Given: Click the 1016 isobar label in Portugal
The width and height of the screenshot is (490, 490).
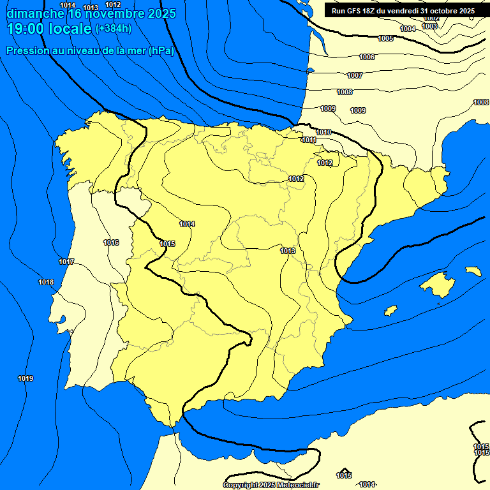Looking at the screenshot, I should pyautogui.click(x=111, y=242).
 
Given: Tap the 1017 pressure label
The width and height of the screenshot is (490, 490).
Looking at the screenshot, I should pyautogui.click(x=66, y=262).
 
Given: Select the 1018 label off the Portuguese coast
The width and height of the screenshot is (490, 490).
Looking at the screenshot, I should pyautogui.click(x=46, y=283).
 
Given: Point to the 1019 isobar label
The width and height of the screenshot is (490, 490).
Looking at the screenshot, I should pyautogui.click(x=26, y=379).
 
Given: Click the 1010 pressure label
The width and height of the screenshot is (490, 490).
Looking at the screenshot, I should pyautogui.click(x=323, y=132).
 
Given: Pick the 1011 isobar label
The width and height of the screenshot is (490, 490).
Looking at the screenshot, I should pyautogui.click(x=309, y=140).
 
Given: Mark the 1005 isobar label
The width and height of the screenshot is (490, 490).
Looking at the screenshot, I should pyautogui.click(x=385, y=39).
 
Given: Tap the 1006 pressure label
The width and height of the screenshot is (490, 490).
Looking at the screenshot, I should pyautogui.click(x=367, y=57).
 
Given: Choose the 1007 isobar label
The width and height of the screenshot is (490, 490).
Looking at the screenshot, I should pyautogui.click(x=355, y=75).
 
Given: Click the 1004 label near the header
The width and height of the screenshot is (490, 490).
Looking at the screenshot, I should pyautogui.click(x=408, y=29).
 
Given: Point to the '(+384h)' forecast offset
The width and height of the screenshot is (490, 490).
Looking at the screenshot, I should pyautogui.click(x=113, y=29).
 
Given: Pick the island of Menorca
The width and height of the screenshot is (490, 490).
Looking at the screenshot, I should pyautogui.click(x=473, y=271).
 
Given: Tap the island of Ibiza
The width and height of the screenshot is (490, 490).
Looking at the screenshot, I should pyautogui.click(x=390, y=311).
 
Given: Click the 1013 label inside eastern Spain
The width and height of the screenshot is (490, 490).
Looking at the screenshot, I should pyautogui.click(x=288, y=251).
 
